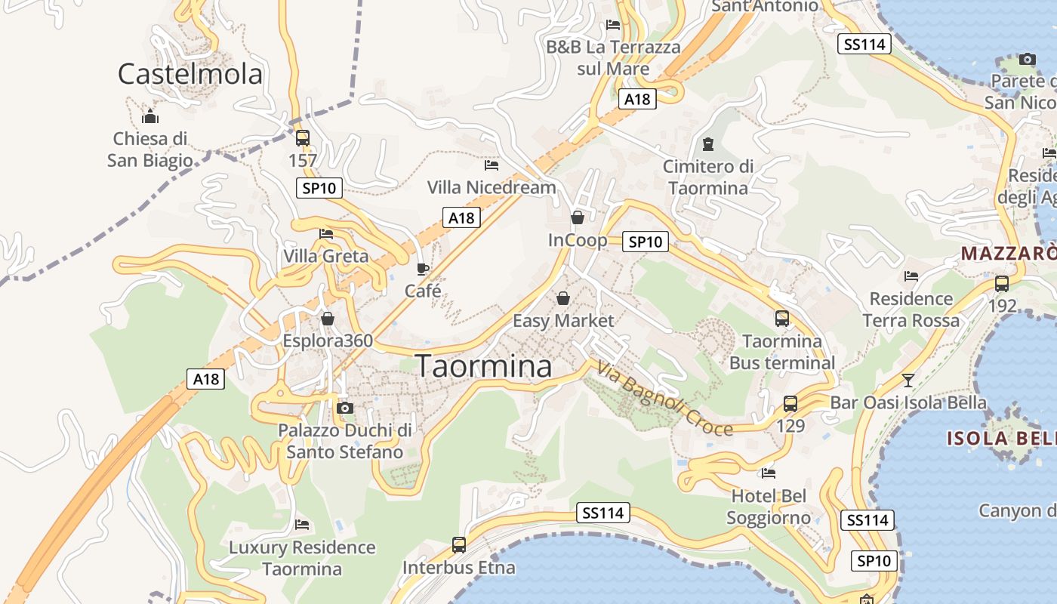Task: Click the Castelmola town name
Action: click(x=190, y=74)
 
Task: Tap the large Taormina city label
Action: click(x=484, y=367)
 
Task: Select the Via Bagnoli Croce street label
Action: click(x=664, y=399)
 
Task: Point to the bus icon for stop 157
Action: click(x=302, y=137)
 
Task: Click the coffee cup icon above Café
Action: click(x=423, y=269)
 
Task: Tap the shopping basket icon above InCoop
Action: click(x=578, y=218)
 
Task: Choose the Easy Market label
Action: click(x=563, y=321)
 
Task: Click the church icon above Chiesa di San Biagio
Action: click(x=149, y=116)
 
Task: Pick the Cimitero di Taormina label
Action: click(x=708, y=177)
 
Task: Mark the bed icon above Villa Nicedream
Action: click(x=492, y=165)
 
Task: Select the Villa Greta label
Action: click(x=326, y=256)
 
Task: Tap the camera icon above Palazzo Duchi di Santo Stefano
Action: click(x=345, y=408)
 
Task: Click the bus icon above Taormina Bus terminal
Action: click(x=782, y=319)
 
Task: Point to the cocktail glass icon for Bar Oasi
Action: click(x=908, y=380)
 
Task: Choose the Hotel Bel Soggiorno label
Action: click(x=769, y=507)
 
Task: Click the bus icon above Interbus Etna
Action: click(x=458, y=544)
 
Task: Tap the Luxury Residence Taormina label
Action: click(x=302, y=558)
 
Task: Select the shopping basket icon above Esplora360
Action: click(x=328, y=319)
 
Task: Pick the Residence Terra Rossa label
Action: click(x=911, y=310)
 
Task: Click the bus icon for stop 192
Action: click(x=1002, y=284)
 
